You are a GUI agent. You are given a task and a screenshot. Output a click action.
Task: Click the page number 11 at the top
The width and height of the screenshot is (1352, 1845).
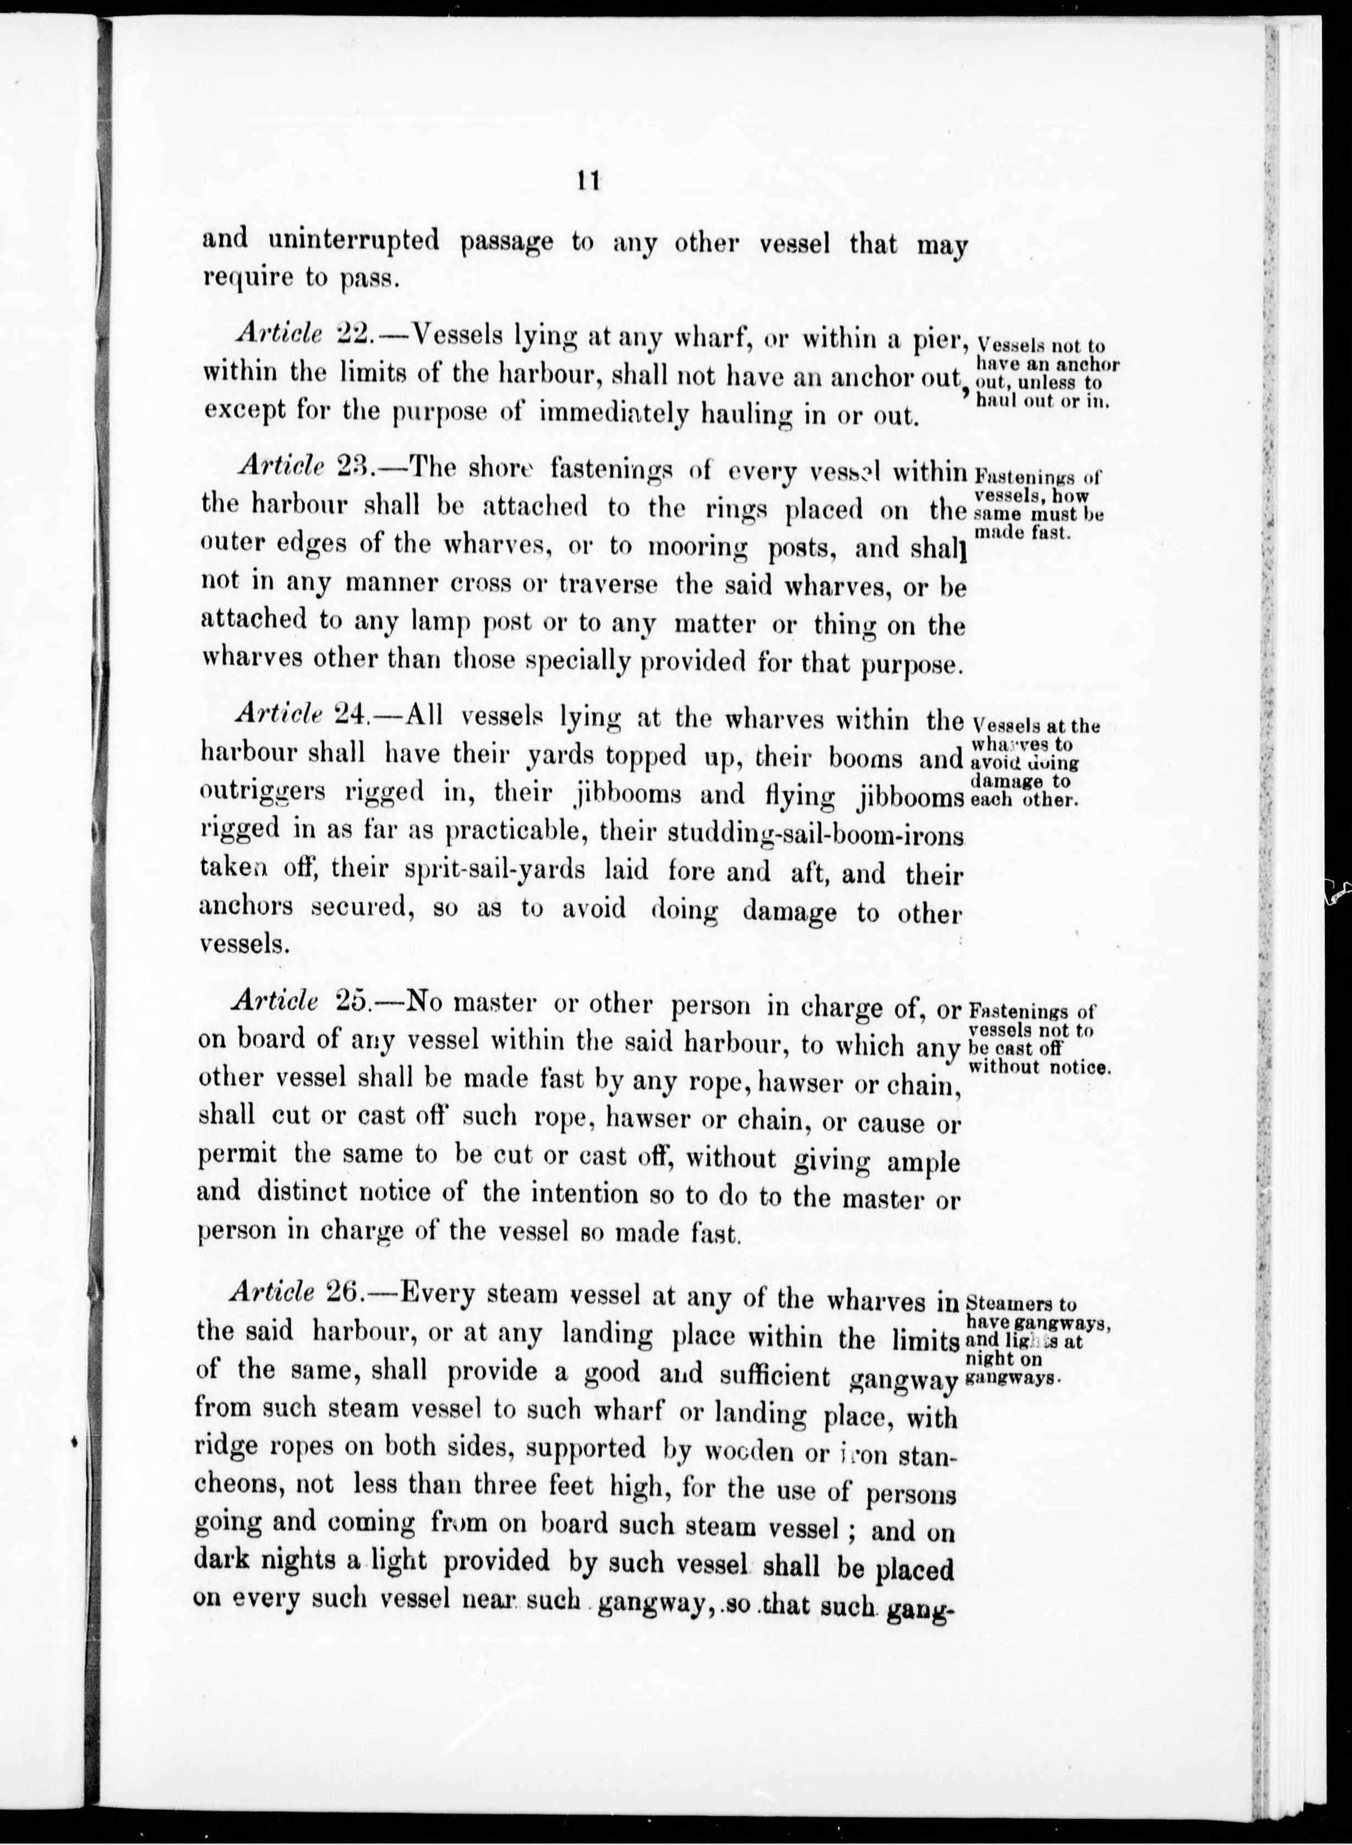(588, 181)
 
